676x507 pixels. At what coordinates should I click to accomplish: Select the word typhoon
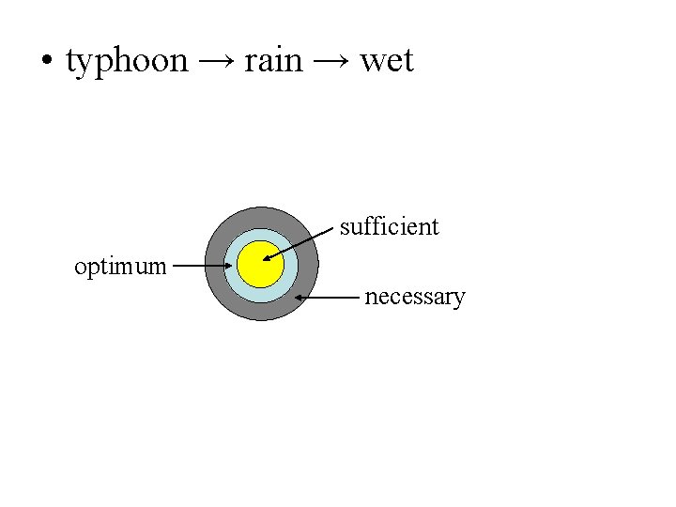click(127, 62)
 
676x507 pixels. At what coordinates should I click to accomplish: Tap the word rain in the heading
click(273, 61)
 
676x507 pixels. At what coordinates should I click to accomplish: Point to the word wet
click(387, 62)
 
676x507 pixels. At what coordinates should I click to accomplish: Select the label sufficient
click(389, 226)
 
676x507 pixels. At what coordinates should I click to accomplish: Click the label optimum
click(120, 267)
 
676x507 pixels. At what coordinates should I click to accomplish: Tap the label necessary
click(414, 298)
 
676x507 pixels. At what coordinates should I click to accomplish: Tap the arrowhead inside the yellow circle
click(268, 257)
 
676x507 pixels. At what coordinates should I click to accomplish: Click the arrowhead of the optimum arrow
click(228, 266)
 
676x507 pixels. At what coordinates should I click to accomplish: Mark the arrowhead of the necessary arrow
click(300, 298)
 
